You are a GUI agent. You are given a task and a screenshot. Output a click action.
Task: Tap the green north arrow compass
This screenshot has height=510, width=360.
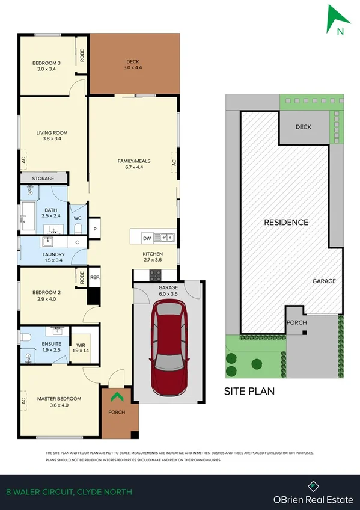click(x=337, y=19)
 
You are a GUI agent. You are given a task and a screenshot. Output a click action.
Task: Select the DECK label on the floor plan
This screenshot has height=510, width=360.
click(x=132, y=62)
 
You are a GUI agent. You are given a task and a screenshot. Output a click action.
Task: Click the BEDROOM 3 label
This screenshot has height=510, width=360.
click(x=47, y=62)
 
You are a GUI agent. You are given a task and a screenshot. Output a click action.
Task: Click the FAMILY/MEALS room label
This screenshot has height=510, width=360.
click(x=133, y=161)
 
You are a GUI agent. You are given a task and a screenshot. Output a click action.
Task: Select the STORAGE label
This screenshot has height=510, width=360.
click(x=43, y=179)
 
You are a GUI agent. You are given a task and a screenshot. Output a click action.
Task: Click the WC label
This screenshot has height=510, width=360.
click(x=78, y=218)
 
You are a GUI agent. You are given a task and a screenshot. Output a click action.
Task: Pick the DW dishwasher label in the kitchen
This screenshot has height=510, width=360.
click(x=147, y=238)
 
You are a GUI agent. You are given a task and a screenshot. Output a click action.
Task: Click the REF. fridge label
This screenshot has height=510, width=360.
click(x=94, y=277)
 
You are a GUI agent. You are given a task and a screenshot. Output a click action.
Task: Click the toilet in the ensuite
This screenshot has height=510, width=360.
click(x=25, y=338)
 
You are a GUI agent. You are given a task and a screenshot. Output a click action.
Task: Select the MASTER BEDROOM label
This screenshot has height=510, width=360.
click(x=59, y=399)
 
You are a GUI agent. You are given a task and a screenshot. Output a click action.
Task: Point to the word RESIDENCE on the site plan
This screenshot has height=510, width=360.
click(x=286, y=222)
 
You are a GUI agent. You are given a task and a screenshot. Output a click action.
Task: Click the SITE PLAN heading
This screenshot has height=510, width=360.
click(x=249, y=391)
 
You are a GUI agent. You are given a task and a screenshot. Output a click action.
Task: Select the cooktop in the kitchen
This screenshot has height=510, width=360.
click(x=155, y=275)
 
